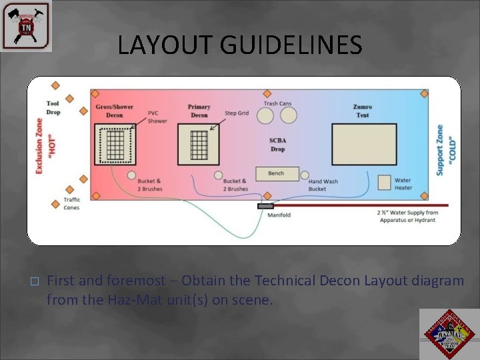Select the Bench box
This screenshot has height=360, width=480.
pyautogui.click(x=276, y=173)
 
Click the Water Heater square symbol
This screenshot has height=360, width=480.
pyautogui.click(x=384, y=182)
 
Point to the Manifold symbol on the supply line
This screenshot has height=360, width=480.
pyautogui.click(x=265, y=206)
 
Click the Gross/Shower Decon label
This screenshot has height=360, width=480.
pyautogui.click(x=114, y=111)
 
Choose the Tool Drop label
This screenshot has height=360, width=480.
pyautogui.click(x=53, y=108)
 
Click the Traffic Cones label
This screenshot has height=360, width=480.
pyautogui.click(x=71, y=203)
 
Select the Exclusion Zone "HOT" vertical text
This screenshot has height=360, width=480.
pyautogui.click(x=46, y=147)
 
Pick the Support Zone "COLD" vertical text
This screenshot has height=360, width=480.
pyautogui.click(x=445, y=150)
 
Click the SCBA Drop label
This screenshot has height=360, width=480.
pyautogui.click(x=277, y=145)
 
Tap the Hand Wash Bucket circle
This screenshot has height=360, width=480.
pyautogui.click(x=305, y=175)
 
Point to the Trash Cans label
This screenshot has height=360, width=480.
pyautogui.click(x=277, y=103)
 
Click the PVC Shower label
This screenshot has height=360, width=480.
pyautogui.click(x=157, y=117)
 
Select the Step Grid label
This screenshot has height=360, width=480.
pyautogui.click(x=237, y=113)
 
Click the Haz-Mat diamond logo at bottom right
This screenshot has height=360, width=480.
pyautogui.click(x=448, y=334)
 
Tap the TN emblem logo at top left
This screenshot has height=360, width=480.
pyautogui.click(x=26, y=25)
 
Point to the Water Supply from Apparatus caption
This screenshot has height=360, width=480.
pyautogui.click(x=407, y=216)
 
